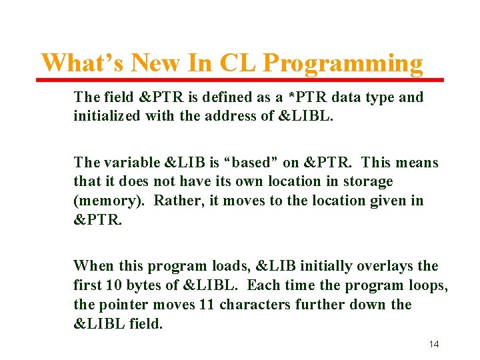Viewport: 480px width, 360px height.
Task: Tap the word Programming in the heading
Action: tap(343, 63)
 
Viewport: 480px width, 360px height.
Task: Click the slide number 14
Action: tap(433, 344)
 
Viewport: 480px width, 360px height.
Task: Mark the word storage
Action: tap(368, 181)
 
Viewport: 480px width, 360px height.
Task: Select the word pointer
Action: tap(121, 305)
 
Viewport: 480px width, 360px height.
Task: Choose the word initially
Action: tap(323, 266)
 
